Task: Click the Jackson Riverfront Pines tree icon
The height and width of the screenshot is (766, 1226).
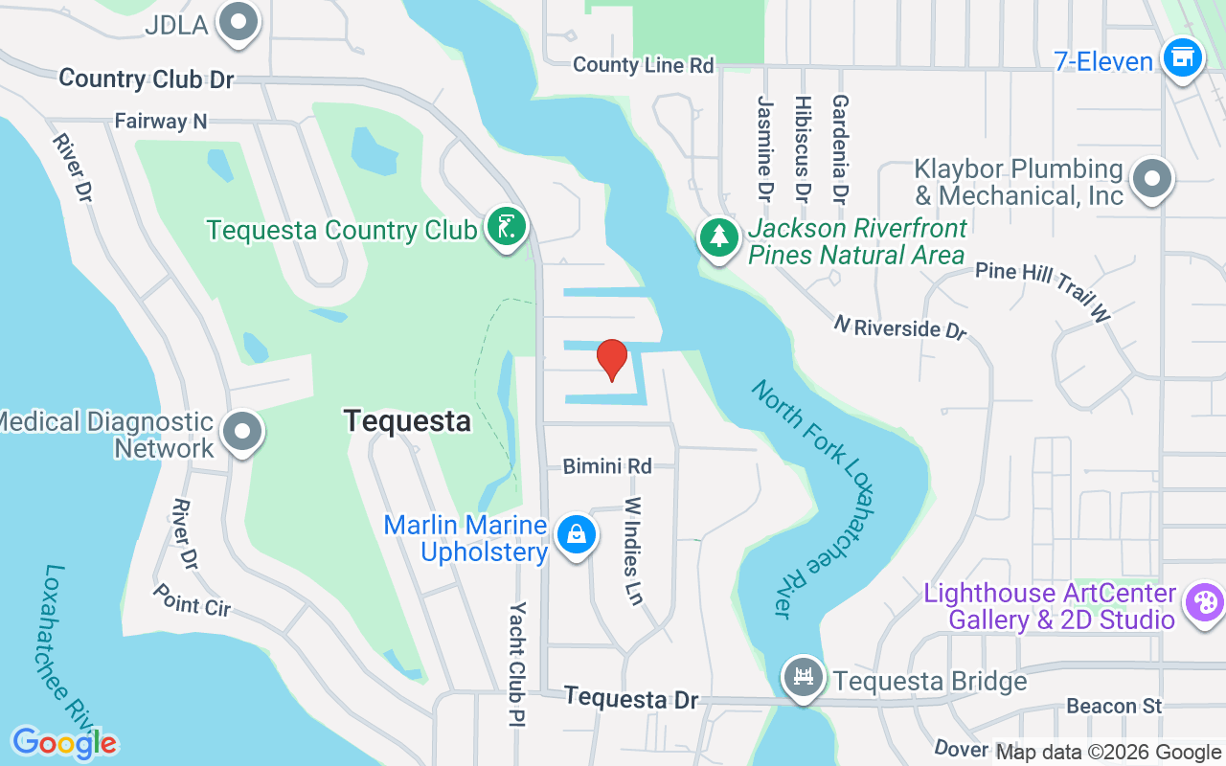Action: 718,237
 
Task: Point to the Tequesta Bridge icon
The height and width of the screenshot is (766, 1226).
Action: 803,678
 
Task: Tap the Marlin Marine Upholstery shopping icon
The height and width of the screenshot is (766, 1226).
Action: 576,535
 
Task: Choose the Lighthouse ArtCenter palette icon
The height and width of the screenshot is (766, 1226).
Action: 1203,603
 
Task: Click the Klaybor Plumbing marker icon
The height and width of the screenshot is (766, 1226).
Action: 1151,179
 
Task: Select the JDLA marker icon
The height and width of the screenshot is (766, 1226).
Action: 238,22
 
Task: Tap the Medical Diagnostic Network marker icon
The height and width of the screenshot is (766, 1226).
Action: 242,432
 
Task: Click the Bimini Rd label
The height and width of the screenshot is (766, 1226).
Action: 607,466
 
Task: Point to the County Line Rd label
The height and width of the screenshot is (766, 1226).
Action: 644,65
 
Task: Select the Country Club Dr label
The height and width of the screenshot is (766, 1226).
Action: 147,79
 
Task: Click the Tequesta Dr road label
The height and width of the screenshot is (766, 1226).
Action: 631,699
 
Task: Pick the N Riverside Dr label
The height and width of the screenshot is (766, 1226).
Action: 899,327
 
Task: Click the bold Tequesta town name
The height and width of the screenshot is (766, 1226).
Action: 407,421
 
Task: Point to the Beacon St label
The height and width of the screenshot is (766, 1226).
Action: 1114,706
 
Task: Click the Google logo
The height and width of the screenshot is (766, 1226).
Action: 64,743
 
